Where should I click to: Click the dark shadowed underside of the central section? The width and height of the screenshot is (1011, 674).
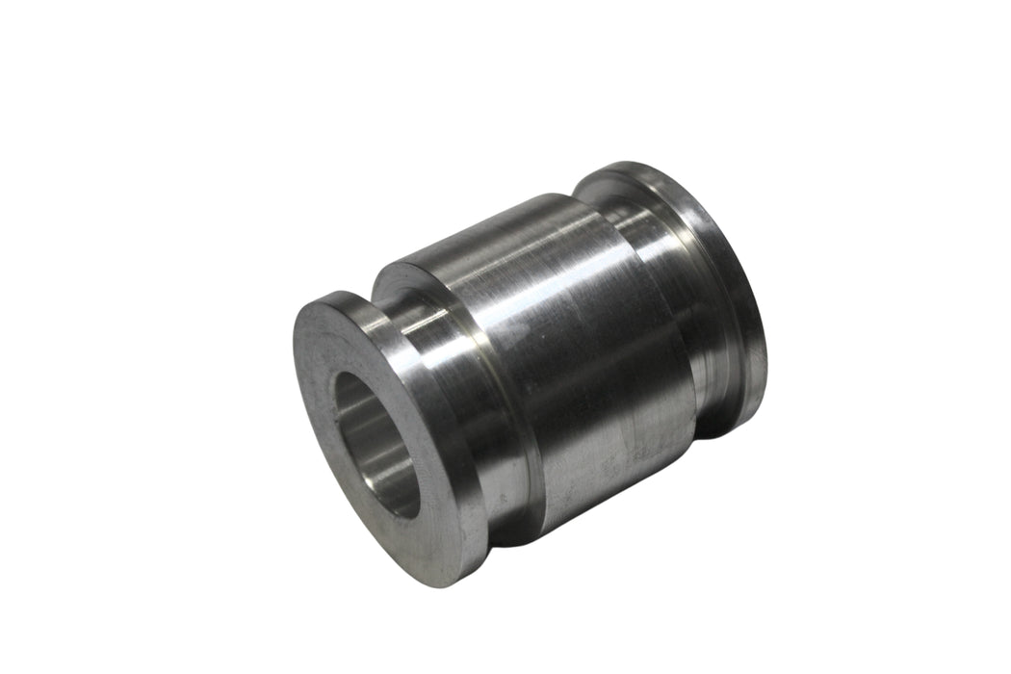616,481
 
